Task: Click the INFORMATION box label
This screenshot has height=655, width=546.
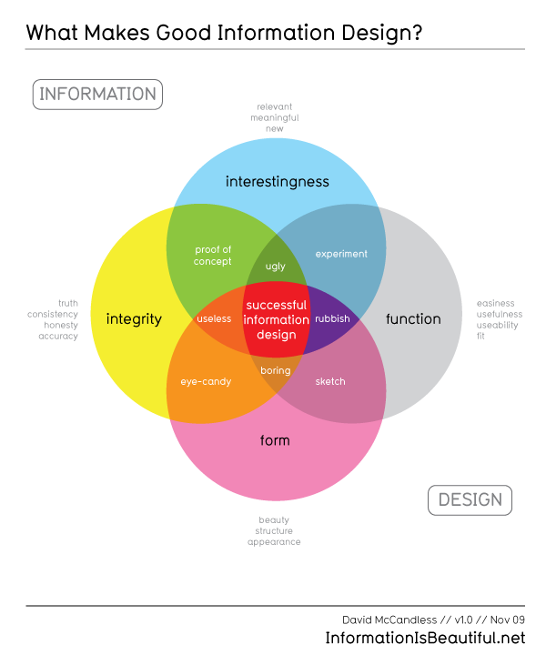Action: point(97,95)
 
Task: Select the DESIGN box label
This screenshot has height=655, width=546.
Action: point(470,500)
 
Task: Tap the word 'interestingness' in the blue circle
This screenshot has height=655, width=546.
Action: point(278,182)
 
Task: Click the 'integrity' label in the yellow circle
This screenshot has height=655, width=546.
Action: point(134,319)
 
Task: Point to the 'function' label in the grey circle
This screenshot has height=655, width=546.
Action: point(413,319)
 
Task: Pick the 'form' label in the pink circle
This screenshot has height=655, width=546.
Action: point(275,440)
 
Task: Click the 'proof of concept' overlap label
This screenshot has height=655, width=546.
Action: point(213,256)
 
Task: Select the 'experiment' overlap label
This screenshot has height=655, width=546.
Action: point(341,254)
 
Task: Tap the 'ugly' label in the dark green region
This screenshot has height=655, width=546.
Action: point(276,267)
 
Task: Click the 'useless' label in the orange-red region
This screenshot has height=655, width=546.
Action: point(214,318)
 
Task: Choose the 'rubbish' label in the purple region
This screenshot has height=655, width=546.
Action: point(332,318)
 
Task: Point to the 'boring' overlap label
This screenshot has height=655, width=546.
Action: point(276,370)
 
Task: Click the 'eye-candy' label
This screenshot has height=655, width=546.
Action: point(206,382)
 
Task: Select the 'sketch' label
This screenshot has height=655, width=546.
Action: point(330,381)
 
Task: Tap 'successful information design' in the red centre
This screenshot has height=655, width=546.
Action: point(277,320)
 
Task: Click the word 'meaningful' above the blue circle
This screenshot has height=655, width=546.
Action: point(275,118)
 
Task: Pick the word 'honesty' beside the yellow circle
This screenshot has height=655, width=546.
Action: point(61,326)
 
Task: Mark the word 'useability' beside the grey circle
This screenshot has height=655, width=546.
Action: point(497,326)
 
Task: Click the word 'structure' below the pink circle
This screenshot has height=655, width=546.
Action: point(274,531)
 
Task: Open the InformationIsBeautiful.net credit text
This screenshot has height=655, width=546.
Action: point(425,639)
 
